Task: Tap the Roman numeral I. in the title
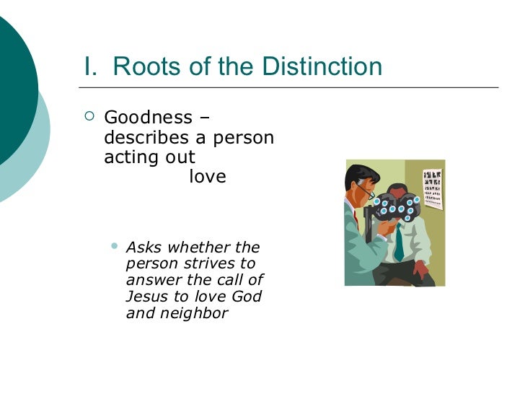tap(91, 66)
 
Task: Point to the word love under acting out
tap(208, 177)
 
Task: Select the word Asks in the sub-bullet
tap(143, 248)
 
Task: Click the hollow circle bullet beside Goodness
tap(89, 117)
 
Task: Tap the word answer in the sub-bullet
tap(151, 281)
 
